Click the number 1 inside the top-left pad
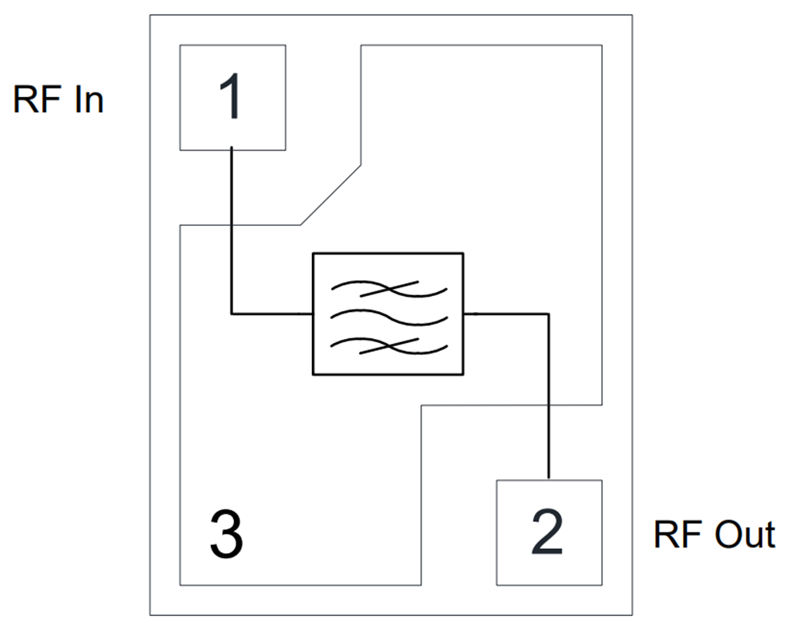tap(231, 98)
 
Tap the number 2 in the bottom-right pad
tap(547, 532)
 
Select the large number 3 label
tap(225, 534)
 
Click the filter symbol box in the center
tap(387, 314)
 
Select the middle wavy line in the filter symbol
tap(387, 316)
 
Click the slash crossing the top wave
tap(390, 290)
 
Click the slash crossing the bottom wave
tap(390, 345)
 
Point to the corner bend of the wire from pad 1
tap(232, 314)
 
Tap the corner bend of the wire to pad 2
tap(548, 314)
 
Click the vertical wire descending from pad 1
tap(232, 231)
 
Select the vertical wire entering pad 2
tap(548, 398)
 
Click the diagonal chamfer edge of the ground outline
tap(330, 195)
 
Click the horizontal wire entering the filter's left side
tap(271, 314)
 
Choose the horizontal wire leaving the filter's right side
tap(505, 314)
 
